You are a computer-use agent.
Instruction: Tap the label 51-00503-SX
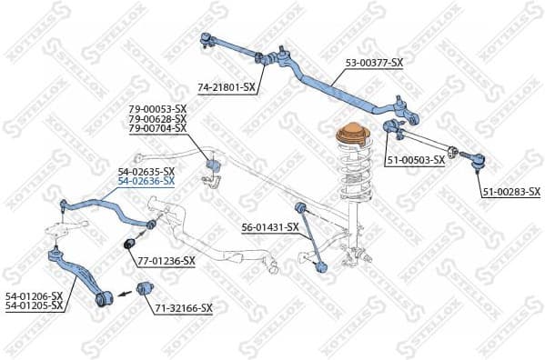click(x=415, y=160)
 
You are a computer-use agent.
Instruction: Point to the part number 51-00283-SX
click(x=510, y=192)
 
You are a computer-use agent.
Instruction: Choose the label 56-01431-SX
click(x=269, y=227)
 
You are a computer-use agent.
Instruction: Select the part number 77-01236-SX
click(x=167, y=261)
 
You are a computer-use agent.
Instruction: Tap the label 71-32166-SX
click(x=183, y=308)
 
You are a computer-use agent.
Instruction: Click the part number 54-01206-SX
click(x=33, y=295)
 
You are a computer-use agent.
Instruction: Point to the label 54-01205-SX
click(x=33, y=305)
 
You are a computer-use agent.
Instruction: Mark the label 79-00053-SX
click(x=157, y=110)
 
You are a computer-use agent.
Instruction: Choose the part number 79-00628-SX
click(x=157, y=119)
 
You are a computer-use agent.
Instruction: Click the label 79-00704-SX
click(x=157, y=128)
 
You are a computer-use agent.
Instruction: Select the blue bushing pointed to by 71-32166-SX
click(x=140, y=289)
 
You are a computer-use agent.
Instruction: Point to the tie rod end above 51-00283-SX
click(x=476, y=162)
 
